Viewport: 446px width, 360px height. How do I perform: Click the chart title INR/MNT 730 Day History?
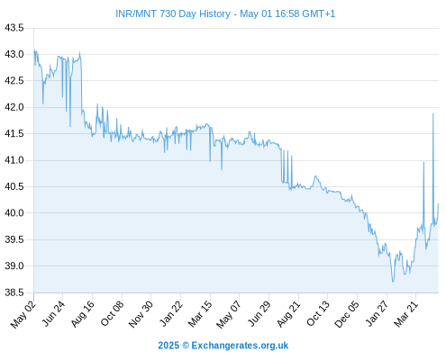pos(173,13)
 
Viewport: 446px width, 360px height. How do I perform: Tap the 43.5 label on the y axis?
pos(14,28)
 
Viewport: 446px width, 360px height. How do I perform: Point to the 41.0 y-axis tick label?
pos(14,160)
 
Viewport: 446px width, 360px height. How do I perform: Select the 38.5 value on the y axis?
pos(14,292)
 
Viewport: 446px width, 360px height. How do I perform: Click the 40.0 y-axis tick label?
pos(14,213)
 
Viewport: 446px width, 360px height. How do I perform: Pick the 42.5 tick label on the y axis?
pos(14,81)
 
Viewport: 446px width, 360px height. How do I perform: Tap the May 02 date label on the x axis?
pos(23,314)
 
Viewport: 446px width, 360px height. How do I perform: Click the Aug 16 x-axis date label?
pos(83,314)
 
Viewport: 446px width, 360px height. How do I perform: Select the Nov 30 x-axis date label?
pos(141,314)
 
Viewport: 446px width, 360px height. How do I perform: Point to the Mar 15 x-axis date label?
pos(200,314)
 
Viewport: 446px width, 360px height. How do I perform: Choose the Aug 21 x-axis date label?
pos(288,314)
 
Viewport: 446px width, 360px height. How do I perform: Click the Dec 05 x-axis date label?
pos(347,314)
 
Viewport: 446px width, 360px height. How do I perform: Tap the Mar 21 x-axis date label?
pos(406,314)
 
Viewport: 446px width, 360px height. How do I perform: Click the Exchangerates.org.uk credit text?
pos(240,346)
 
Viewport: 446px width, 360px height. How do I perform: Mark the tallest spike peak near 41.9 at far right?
pos(433,113)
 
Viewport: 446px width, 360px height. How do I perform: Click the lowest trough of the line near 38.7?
pos(393,282)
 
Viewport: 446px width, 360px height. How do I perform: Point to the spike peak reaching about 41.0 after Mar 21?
pos(423,162)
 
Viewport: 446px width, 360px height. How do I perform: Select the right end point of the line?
pos(439,204)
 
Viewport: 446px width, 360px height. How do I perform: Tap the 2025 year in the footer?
pos(168,346)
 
